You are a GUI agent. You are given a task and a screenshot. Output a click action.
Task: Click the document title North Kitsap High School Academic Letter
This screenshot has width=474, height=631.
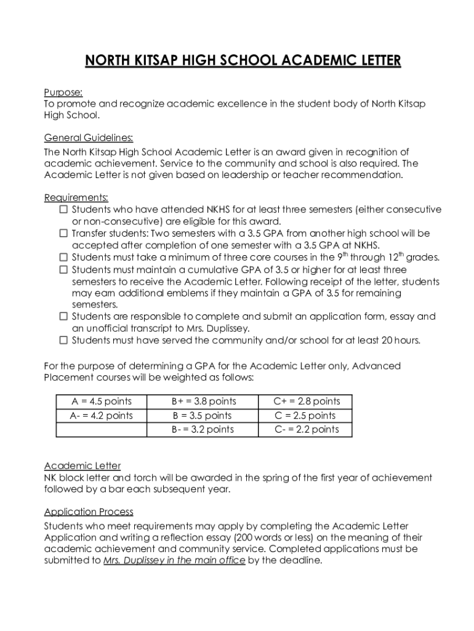pos(243,61)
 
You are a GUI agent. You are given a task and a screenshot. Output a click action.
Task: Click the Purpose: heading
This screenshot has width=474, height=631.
pos(63,92)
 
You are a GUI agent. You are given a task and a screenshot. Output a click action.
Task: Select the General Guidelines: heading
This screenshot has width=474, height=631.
pos(89,137)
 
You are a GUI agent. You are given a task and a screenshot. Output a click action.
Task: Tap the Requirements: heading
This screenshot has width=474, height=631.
pos(76,198)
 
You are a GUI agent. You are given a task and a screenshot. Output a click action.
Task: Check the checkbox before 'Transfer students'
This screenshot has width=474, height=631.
pos(63,234)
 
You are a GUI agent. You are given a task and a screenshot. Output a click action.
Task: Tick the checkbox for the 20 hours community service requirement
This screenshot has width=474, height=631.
pos(63,340)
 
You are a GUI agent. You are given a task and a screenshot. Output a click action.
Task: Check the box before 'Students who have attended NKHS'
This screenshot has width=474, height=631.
pos(63,210)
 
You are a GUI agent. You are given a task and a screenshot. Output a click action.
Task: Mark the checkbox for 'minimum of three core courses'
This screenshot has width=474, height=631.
pos(63,258)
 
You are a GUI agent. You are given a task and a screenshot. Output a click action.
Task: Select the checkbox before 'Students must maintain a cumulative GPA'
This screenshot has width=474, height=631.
pos(63,270)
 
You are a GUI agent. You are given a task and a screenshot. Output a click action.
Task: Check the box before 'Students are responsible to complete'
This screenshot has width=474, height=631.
pos(63,317)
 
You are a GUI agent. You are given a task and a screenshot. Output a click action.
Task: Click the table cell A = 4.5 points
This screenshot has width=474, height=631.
pos(101,402)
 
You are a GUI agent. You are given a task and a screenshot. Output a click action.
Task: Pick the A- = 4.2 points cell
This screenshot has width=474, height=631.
pos(101,416)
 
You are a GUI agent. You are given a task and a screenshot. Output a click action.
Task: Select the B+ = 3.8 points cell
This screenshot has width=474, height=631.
pos(203,402)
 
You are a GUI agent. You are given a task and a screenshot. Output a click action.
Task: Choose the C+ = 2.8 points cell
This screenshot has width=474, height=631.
pos(306,402)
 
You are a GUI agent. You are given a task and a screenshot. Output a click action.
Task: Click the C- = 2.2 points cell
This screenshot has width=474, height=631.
pos(306,429)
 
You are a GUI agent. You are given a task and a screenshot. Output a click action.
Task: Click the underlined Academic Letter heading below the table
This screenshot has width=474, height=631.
pos(82,466)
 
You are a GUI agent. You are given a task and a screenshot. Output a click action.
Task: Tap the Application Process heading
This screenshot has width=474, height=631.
pos(89,512)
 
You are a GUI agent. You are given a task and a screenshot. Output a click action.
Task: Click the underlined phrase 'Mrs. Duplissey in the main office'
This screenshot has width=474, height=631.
pos(174,561)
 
